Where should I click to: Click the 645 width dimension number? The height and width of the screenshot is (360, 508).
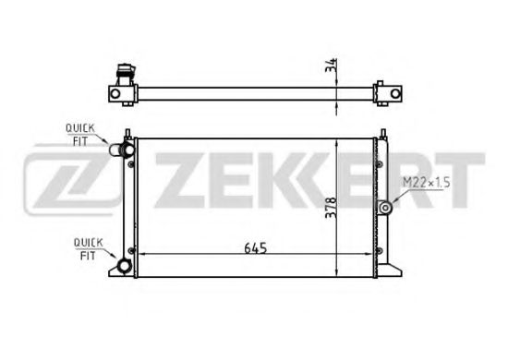pos(255,248)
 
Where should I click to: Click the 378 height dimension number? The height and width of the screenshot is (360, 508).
pos(331,208)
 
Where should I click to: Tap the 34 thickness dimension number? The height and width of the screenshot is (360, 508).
pos(331,66)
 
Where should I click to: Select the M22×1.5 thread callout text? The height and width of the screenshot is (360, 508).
pos(427,183)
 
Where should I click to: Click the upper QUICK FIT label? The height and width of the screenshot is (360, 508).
pos(80,135)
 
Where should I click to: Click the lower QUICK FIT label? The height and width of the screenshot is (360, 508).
pos(88,249)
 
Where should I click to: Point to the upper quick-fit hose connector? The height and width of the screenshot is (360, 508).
pos(122,150)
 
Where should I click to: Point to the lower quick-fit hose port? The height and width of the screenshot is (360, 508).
pos(124,266)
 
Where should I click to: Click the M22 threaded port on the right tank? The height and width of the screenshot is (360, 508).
pos(385,208)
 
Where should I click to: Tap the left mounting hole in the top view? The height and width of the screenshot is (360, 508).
pos(115,94)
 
